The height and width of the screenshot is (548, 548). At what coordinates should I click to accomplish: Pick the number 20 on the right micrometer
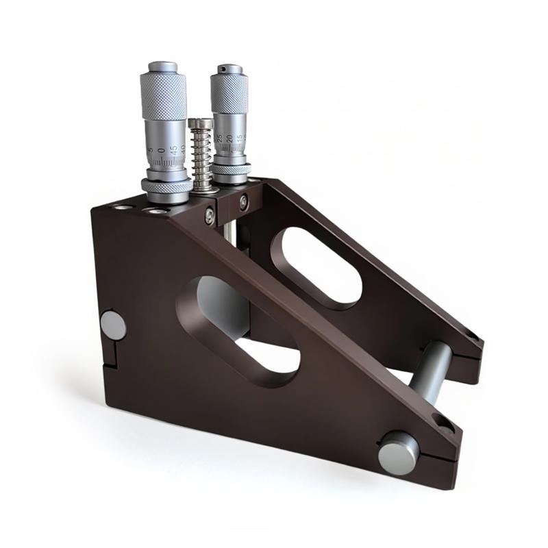tap(229, 139)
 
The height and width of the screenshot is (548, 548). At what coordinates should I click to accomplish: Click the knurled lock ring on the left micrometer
tap(166, 186)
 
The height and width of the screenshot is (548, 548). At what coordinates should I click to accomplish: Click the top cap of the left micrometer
tap(162, 66)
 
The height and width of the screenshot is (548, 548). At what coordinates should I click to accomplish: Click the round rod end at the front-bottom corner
tap(398, 453)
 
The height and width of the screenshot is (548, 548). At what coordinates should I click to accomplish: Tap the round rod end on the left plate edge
tap(113, 325)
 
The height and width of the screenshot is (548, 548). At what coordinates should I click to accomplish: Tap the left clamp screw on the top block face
tap(210, 215)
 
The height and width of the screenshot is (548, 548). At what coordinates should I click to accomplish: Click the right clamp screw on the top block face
tap(243, 202)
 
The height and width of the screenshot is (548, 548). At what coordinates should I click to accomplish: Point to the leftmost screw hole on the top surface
tap(121, 207)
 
